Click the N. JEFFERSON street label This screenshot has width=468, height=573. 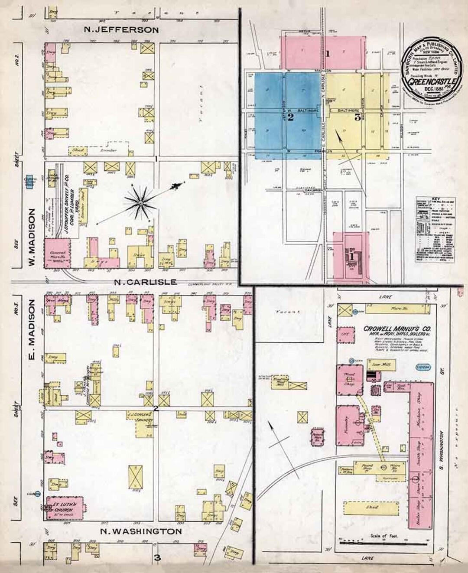(121, 30)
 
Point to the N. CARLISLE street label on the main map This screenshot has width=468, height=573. (146, 282)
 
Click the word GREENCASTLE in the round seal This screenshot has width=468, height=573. (429, 81)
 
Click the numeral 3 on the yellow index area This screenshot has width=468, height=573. (357, 117)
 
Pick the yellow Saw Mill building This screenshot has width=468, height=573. (380, 365)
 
